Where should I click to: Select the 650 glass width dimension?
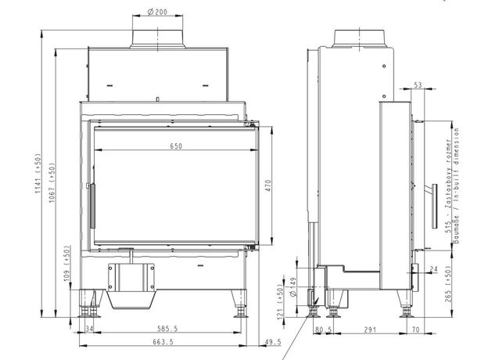(x=175, y=146)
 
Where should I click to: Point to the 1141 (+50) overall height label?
(x=38, y=178)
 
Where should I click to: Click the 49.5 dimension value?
(x=274, y=343)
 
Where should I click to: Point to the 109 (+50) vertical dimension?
(x=68, y=264)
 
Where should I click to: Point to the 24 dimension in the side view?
(x=435, y=268)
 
